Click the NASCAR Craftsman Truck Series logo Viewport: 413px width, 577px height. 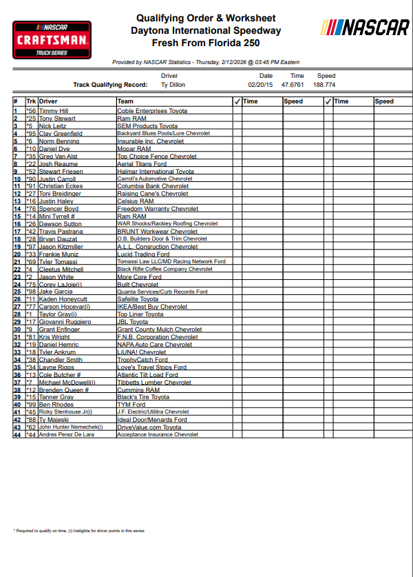[52, 40]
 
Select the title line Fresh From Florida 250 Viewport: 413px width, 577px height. [206, 43]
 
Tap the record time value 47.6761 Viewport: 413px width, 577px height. [296, 85]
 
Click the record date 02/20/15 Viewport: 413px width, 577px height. [261, 85]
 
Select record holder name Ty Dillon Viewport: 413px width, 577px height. [173, 85]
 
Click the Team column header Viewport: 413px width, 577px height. [125, 101]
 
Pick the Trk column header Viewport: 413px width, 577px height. [31, 101]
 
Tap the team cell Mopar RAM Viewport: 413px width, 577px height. [134, 149]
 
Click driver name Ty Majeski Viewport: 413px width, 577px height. [54, 420]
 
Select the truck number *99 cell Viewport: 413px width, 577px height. [31, 405]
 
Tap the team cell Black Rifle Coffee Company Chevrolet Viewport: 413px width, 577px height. [165, 270]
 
